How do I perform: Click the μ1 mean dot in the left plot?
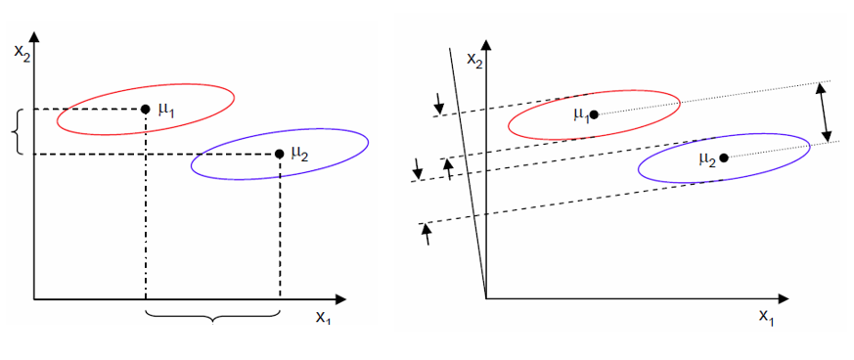(145, 109)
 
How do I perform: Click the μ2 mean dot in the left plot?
(280, 154)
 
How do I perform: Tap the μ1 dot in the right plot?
(594, 114)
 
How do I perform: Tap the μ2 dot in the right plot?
(723, 157)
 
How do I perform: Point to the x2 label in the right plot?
(477, 60)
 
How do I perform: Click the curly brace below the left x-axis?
(212, 315)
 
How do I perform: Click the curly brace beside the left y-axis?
(16, 131)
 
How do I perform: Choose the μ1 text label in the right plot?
(580, 113)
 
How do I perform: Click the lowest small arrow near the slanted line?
(427, 233)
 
